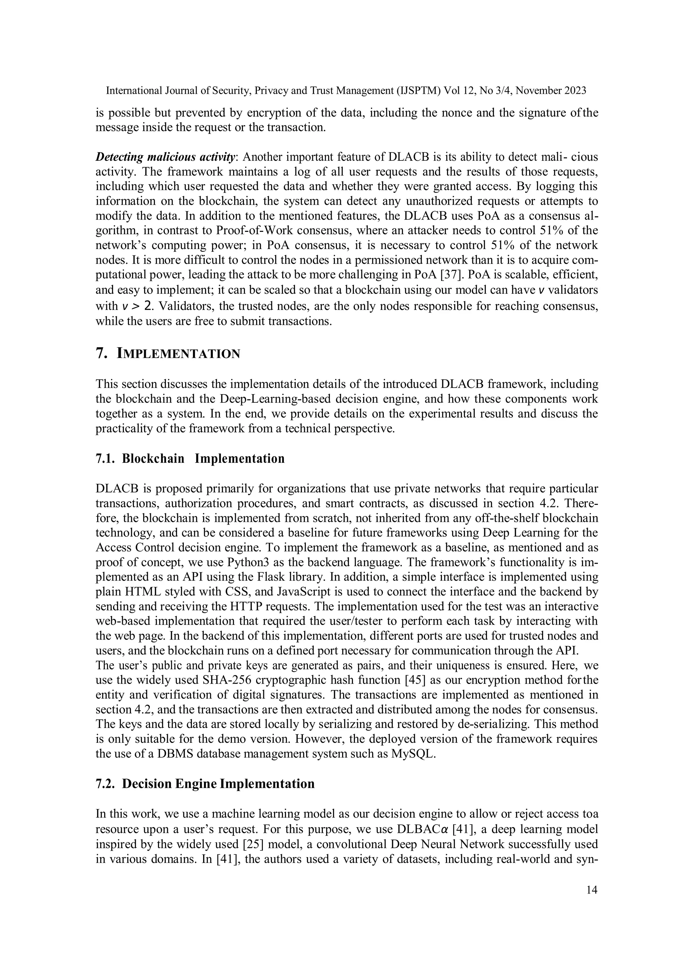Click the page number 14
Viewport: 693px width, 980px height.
(x=592, y=890)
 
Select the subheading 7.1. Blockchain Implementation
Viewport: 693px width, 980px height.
(x=190, y=459)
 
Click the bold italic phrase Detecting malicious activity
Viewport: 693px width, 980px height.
(x=165, y=157)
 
